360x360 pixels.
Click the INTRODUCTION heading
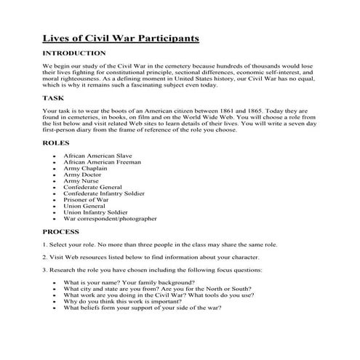[x=74, y=54]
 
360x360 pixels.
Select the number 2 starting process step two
[x=44, y=257]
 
